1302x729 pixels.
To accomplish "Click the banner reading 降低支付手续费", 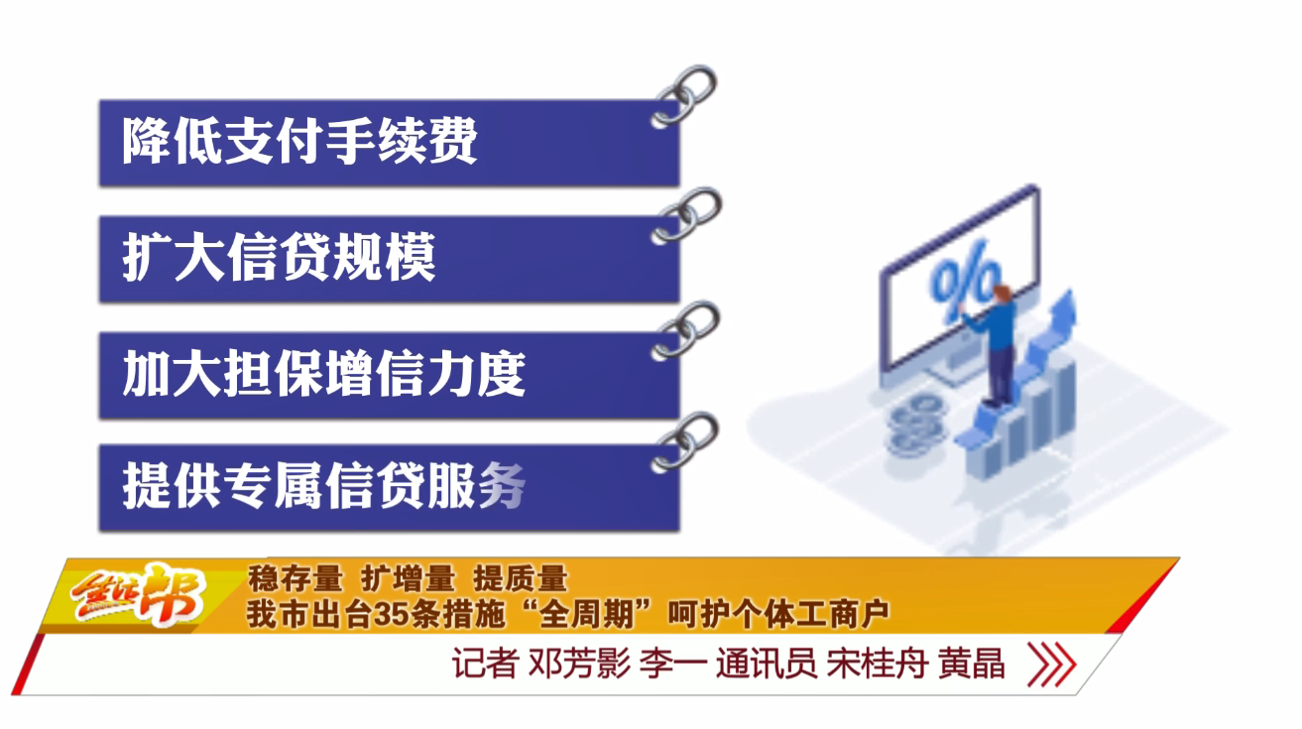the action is click(390, 143).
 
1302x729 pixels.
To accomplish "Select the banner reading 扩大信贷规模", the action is click(390, 259).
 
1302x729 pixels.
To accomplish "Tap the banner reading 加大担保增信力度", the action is click(390, 376).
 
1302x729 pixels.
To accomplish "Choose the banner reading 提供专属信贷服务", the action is click(390, 488).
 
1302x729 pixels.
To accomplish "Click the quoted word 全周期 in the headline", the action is click(586, 615).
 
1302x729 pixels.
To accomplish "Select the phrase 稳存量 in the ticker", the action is click(296, 579).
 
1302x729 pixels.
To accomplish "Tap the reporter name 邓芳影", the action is click(579, 664).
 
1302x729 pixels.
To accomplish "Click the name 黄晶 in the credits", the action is click(971, 664).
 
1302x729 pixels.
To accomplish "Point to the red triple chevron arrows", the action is click(1052, 664).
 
